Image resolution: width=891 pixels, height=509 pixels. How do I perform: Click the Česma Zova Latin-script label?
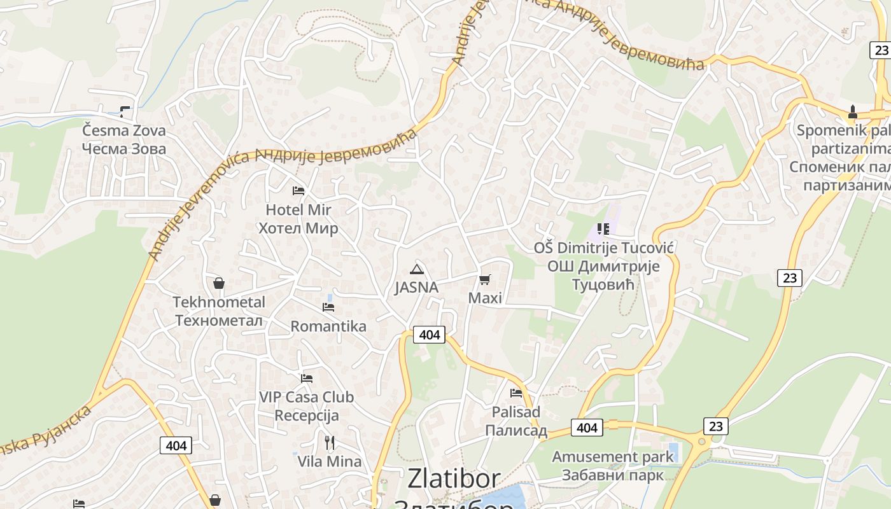tap(123, 131)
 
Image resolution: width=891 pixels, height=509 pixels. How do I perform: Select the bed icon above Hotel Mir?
tap(298, 190)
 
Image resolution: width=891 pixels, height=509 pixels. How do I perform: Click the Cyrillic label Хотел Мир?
tap(298, 228)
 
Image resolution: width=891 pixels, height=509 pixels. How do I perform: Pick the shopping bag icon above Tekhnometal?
tap(219, 283)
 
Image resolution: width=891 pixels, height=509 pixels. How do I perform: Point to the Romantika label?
tap(328, 326)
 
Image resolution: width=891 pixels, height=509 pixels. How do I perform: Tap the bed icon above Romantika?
tap(328, 307)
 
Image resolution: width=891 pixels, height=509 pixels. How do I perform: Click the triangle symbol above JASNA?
tap(416, 269)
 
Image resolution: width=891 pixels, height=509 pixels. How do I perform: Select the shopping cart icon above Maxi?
tap(485, 279)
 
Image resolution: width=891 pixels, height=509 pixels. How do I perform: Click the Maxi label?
tap(485, 298)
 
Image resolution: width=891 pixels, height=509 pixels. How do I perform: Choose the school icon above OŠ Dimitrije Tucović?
tap(603, 229)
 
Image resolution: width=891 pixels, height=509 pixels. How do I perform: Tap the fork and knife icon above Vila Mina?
tap(329, 442)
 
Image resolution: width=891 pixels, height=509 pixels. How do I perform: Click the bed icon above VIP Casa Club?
tap(307, 378)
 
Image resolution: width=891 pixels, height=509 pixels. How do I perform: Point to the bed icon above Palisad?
tap(516, 393)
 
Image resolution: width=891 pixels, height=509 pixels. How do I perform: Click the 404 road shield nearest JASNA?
tap(430, 335)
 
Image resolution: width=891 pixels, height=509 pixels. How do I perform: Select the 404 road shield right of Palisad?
tap(586, 428)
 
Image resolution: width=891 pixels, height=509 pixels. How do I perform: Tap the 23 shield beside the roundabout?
tap(716, 426)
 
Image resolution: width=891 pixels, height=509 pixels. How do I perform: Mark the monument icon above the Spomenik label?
tap(853, 113)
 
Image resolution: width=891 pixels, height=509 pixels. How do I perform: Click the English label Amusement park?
tap(612, 457)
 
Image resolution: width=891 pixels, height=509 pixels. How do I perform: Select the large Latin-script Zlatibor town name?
tap(454, 478)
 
